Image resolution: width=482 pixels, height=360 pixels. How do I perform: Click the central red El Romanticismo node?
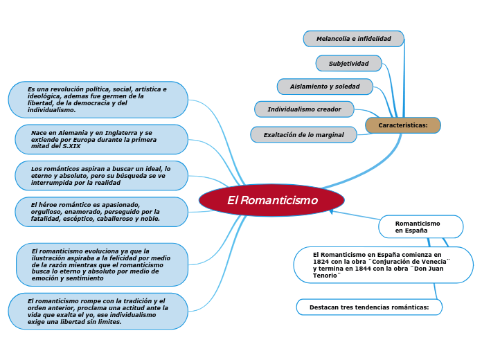tap(271, 200)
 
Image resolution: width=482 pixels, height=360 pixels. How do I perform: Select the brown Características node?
tap(402, 125)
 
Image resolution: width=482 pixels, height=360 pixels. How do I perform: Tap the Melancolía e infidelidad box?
tap(353, 39)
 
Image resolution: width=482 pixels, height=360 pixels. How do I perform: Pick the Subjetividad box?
tap(348, 64)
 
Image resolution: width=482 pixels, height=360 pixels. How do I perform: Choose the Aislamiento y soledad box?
tap(325, 87)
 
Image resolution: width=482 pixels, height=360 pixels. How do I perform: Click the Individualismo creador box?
tap(304, 109)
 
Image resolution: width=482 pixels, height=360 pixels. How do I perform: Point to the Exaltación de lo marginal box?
tap(303, 134)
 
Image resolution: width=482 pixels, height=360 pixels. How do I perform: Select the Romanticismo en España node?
tap(420, 226)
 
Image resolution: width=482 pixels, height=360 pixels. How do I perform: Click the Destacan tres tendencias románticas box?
tap(369, 307)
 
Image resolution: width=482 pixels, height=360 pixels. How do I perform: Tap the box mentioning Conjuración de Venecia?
tap(383, 265)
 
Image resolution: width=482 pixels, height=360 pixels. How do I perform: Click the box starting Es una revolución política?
tap(98, 100)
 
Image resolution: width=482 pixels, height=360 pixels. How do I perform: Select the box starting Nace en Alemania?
tap(101, 139)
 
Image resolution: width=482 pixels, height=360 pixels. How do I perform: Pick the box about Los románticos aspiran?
tap(101, 176)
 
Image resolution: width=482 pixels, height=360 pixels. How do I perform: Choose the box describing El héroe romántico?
tap(101, 212)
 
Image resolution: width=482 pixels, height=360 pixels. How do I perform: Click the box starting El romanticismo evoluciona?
tap(102, 264)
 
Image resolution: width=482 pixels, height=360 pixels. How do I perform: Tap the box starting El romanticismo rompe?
tap(98, 312)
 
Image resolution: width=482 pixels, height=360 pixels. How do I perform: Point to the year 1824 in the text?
tap(321, 262)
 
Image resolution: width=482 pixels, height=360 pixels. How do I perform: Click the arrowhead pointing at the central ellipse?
tap(332, 211)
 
